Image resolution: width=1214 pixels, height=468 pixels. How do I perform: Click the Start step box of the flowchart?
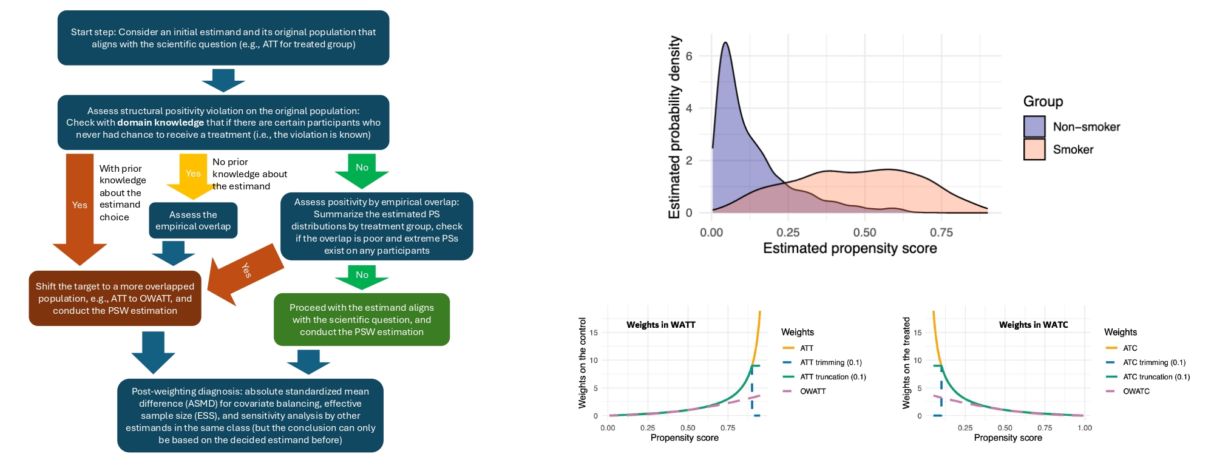(x=223, y=38)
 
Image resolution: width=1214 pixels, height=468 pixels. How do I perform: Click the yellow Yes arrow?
(x=193, y=175)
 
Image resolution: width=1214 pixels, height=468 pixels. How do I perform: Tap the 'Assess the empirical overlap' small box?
(x=193, y=220)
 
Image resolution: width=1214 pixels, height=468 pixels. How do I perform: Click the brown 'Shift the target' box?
(x=115, y=298)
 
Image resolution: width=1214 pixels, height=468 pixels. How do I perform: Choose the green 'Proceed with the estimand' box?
(x=362, y=319)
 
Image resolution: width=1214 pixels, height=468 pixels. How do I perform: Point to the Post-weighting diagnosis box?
(x=250, y=416)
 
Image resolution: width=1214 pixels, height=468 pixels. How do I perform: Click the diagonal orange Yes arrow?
(x=246, y=272)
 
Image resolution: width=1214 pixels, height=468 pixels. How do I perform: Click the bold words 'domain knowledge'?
(x=160, y=123)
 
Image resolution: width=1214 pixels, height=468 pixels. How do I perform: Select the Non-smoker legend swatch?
(x=1034, y=126)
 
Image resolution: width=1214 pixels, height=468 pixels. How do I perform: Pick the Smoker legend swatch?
(x=1034, y=149)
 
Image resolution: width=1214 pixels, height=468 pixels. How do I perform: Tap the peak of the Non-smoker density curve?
(x=725, y=43)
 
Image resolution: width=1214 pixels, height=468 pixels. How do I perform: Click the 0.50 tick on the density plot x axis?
(x=864, y=232)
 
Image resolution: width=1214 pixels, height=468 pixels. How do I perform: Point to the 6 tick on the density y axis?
(x=689, y=56)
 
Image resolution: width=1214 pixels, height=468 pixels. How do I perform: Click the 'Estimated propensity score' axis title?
(x=850, y=248)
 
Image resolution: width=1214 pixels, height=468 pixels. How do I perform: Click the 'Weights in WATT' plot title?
(x=660, y=325)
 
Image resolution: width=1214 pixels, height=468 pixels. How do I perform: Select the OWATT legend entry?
(x=812, y=392)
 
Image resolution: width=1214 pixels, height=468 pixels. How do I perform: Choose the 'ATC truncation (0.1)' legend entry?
(x=1156, y=377)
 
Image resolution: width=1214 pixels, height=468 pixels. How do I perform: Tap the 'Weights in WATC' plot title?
(x=1033, y=325)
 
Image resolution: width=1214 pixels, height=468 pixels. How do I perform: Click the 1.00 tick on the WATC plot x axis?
(x=1084, y=428)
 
